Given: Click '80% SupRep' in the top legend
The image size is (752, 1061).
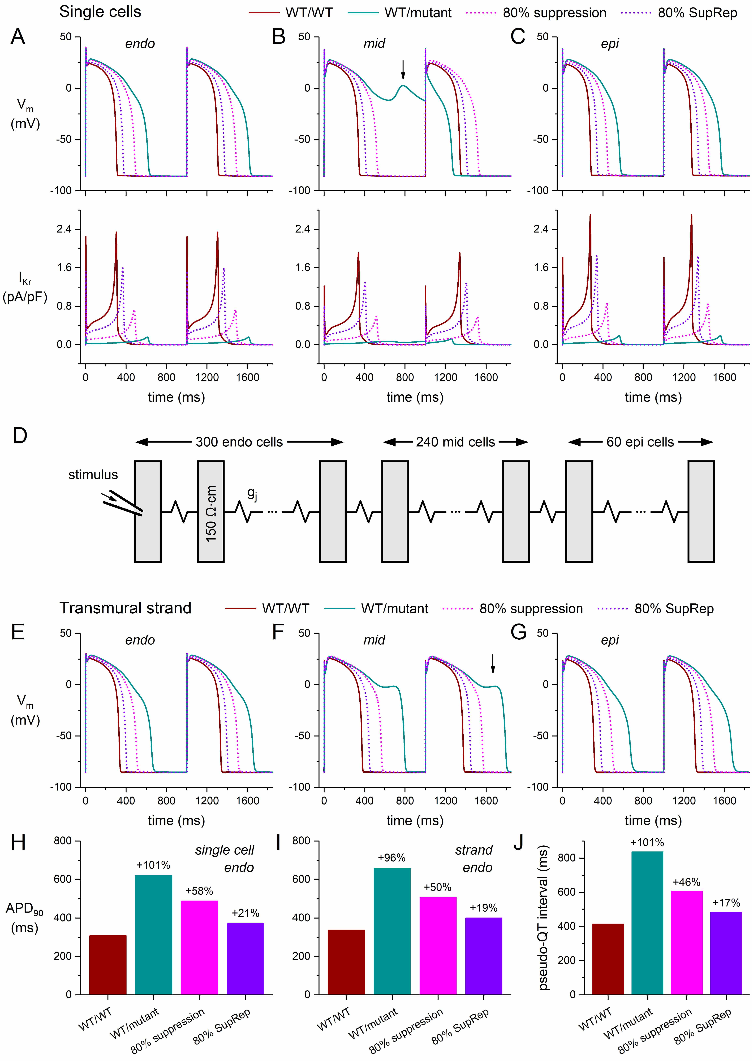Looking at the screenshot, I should click(697, 13).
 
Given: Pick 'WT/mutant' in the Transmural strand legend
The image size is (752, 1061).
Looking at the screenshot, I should click(395, 609).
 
